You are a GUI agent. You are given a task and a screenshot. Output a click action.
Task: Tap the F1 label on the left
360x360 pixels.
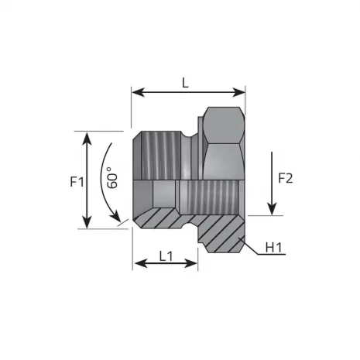(x=76, y=183)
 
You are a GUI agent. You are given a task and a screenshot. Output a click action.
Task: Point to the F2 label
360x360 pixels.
(x=285, y=178)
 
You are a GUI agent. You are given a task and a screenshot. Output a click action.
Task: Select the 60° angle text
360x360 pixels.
(x=114, y=180)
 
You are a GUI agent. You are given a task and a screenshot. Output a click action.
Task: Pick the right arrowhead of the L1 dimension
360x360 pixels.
(x=194, y=264)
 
